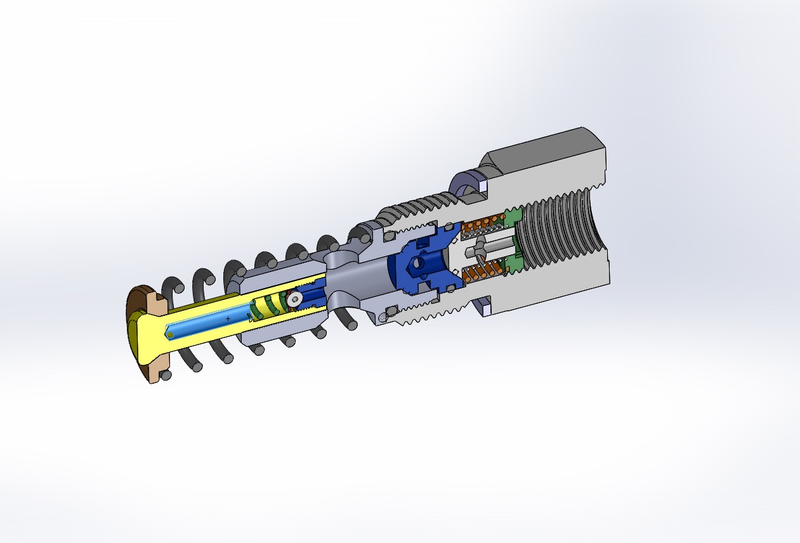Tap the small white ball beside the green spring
coord(293,299)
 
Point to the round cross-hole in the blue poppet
coord(417,263)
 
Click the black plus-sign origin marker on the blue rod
coord(228,318)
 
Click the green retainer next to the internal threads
coord(513,219)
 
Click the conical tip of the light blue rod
coord(169,334)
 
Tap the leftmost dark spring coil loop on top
coord(173,289)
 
